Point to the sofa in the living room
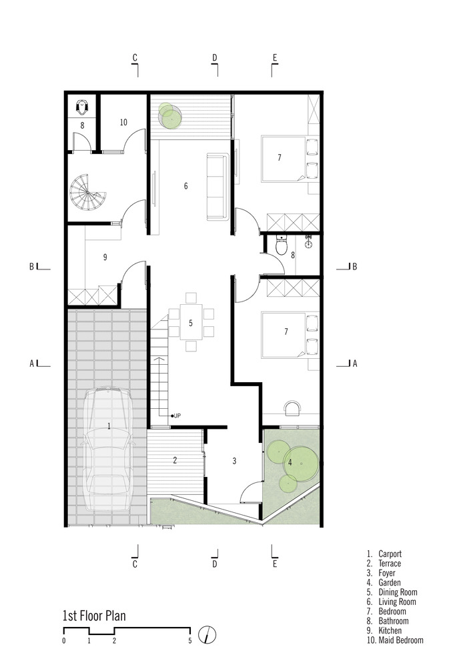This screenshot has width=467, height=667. tap(217, 187)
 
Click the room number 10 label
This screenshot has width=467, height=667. tap(123, 123)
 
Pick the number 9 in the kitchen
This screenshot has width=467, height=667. tap(105, 257)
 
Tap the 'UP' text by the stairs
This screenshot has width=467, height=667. tap(177, 416)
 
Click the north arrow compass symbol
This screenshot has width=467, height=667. tap(207, 635)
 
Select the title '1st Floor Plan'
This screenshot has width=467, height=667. tap(94, 616)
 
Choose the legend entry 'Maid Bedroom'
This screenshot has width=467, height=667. tap(401, 640)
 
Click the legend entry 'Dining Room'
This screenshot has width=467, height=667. tap(398, 592)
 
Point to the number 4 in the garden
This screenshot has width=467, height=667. tap(290, 462)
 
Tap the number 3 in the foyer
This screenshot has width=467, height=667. tap(234, 461)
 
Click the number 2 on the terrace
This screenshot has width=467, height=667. tap(175, 460)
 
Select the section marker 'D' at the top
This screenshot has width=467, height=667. tap(215, 58)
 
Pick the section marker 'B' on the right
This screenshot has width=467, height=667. tap(354, 267)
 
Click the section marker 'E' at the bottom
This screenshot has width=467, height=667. tap(275, 564)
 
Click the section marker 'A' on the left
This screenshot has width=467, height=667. tap(31, 364)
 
